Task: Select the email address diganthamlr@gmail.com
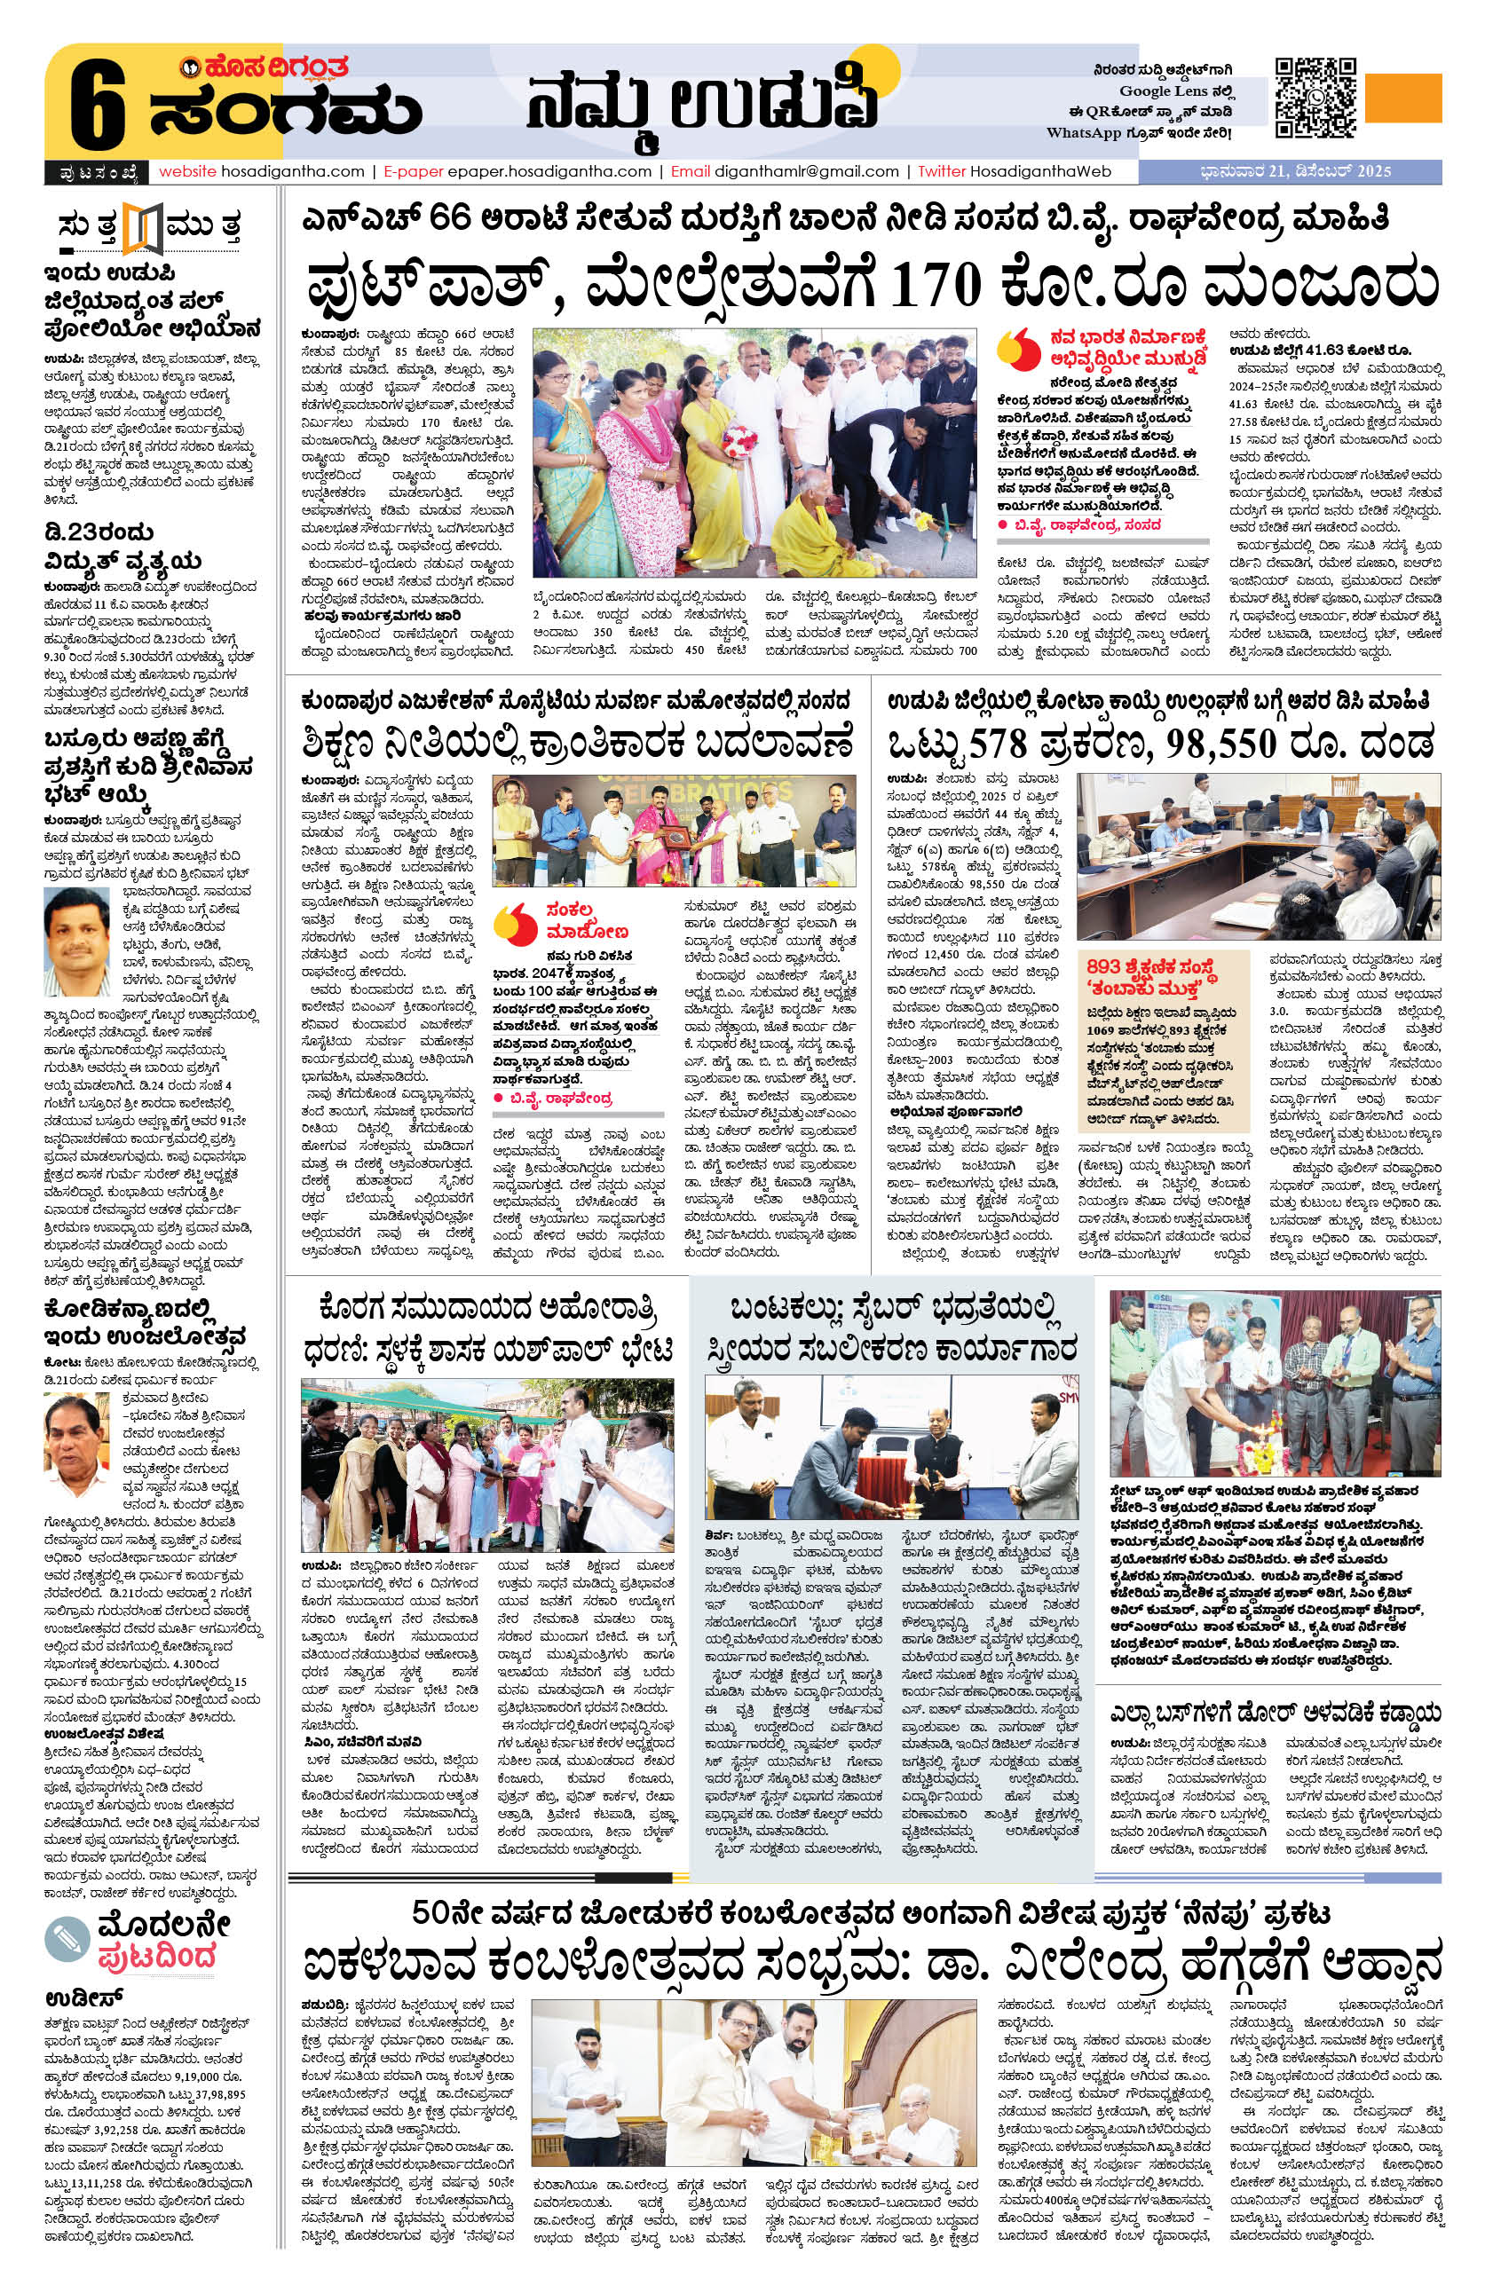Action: point(806,171)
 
